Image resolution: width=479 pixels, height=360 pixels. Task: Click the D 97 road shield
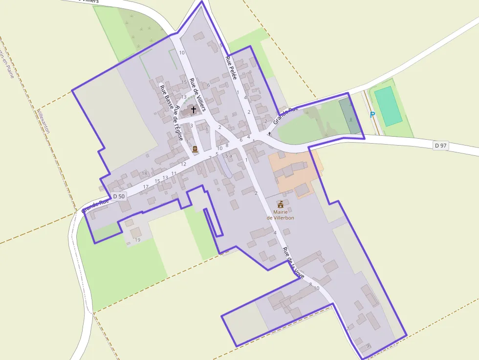(x=440, y=146)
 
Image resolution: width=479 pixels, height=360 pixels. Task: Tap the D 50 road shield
(x=119, y=196)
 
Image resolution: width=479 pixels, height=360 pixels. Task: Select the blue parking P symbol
(x=372, y=115)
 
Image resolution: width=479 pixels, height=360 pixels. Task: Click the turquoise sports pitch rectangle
(x=388, y=106)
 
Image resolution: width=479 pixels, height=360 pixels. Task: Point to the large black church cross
(x=194, y=110)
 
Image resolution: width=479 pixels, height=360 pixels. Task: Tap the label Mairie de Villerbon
(x=281, y=214)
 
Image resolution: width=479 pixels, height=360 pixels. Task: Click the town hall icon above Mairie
(x=281, y=203)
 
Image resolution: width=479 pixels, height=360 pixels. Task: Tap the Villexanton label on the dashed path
(x=44, y=122)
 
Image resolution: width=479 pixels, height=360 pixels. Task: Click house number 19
(x=137, y=240)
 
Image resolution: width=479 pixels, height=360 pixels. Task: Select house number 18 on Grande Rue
(x=144, y=173)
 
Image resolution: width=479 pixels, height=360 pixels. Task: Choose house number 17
(x=146, y=187)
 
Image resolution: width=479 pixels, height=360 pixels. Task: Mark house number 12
(x=184, y=164)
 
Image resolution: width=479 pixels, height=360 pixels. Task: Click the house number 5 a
(x=228, y=155)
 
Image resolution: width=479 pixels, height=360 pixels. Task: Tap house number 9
(x=368, y=346)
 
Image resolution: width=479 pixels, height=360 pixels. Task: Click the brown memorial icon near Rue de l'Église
(x=195, y=148)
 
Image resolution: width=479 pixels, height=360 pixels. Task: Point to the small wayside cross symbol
(x=269, y=133)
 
